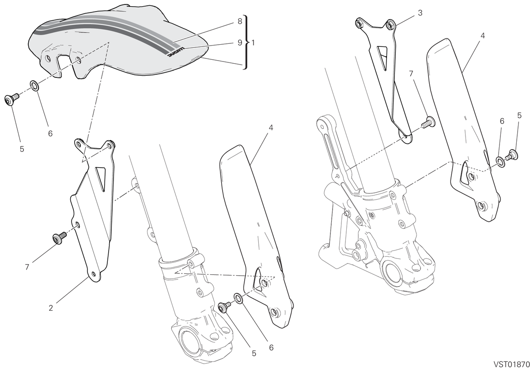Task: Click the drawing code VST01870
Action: [x=511, y=364]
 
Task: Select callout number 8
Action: [x=240, y=21]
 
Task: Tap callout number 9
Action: [x=240, y=42]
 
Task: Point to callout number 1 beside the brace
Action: [x=253, y=43]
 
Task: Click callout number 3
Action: [x=420, y=13]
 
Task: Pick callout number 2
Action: [x=51, y=308]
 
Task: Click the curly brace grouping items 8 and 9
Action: [x=246, y=42]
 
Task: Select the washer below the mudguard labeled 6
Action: [x=34, y=86]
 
